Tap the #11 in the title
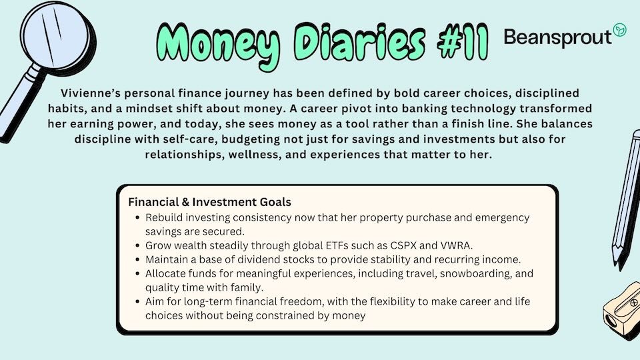463,42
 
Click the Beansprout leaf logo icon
619,30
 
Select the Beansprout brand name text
557,37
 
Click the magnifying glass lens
55,35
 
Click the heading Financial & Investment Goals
210,202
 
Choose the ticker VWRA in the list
456,245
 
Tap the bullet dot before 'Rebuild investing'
137,218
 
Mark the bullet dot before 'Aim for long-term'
137,302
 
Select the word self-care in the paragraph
189,139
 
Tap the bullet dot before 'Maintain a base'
137,260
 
